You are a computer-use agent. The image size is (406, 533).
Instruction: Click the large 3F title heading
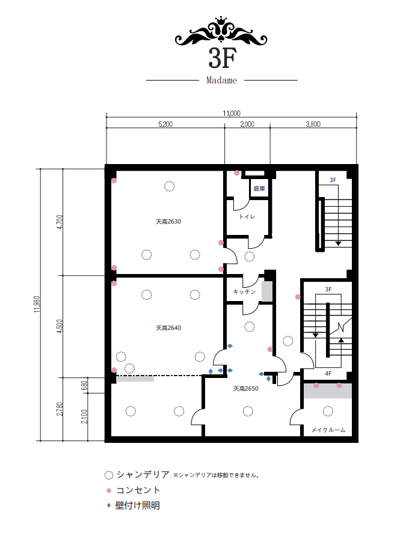pos(222,58)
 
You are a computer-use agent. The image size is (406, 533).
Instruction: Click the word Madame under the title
pos(221,81)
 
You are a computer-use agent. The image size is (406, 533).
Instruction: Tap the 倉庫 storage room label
pos(259,188)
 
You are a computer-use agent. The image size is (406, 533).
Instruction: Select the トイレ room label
pos(247,216)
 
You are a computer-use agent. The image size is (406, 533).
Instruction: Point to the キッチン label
pos(244,291)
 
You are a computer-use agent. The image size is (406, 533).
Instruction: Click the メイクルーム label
pos(328,430)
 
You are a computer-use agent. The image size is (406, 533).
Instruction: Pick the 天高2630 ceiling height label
pos(168,222)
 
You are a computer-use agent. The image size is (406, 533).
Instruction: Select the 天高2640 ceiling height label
pos(168,328)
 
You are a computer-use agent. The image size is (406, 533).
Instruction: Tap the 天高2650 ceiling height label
pos(246,389)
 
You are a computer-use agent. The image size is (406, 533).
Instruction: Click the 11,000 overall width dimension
pos(232,113)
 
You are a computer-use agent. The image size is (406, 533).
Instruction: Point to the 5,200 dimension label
pos(165,124)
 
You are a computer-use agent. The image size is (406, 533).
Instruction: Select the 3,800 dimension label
pos(313,124)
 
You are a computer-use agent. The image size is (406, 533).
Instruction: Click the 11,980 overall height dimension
pos(37,304)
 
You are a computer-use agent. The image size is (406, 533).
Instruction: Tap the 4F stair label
pos(328,374)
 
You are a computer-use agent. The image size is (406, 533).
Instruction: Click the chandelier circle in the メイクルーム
pos(328,411)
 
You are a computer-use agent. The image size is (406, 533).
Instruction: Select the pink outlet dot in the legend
pos(109,490)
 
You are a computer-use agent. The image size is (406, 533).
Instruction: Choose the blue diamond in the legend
pos(109,505)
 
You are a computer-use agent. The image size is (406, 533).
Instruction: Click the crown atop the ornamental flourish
pos(221,20)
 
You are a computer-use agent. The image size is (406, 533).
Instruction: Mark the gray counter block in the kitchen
pos(267,291)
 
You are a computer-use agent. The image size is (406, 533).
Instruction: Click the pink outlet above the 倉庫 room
pos(237,173)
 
